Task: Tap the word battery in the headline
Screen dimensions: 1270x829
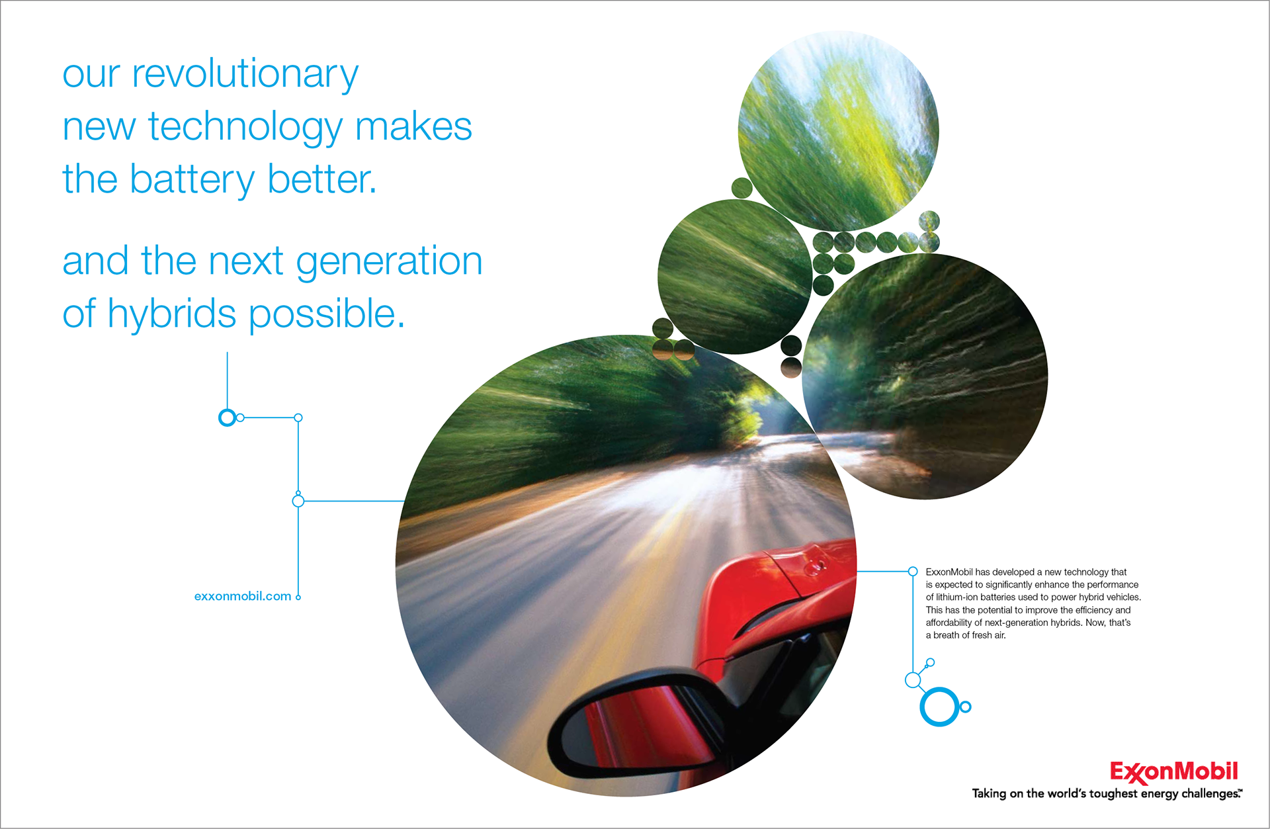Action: [x=192, y=179]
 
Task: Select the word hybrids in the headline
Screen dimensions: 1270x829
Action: [x=172, y=314]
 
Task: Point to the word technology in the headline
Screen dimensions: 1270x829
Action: [x=245, y=127]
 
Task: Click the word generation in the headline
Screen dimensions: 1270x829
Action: [x=389, y=261]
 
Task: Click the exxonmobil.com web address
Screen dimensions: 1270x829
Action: [x=243, y=596]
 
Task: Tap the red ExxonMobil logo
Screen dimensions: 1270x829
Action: [x=1174, y=772]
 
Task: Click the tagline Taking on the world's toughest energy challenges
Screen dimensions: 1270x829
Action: [x=1107, y=794]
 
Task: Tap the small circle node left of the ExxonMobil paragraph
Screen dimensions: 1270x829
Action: [x=913, y=572]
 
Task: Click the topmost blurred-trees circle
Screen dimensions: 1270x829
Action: [x=838, y=131]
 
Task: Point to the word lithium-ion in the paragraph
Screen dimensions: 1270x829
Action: [x=957, y=597]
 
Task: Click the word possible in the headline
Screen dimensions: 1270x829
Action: [x=327, y=314]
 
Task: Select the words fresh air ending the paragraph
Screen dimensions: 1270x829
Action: [x=989, y=635]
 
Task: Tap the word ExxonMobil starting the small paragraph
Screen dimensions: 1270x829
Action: [x=949, y=572]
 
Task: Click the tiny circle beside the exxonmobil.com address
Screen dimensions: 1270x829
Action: [x=298, y=597]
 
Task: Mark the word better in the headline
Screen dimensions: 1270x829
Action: [x=322, y=179]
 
